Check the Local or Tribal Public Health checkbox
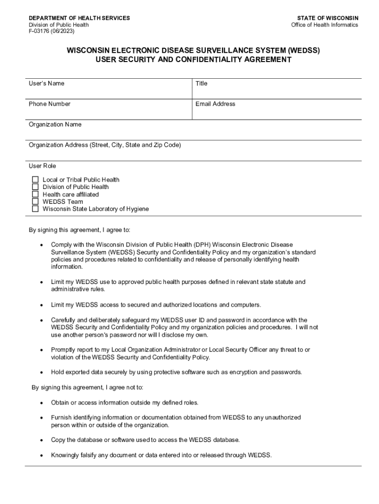point(35,180)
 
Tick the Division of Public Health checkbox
point(35,187)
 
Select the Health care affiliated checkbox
point(35,194)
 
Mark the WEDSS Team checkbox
point(35,202)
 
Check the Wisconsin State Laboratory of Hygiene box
point(35,209)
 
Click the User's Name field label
point(46,84)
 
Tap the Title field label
point(201,84)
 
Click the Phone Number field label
point(49,104)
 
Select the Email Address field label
point(215,104)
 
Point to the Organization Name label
point(55,125)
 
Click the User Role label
point(42,166)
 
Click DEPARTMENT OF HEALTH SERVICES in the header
point(79,18)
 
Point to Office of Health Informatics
point(324,25)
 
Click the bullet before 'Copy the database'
point(41,440)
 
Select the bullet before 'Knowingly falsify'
point(41,455)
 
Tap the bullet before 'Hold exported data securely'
point(41,373)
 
